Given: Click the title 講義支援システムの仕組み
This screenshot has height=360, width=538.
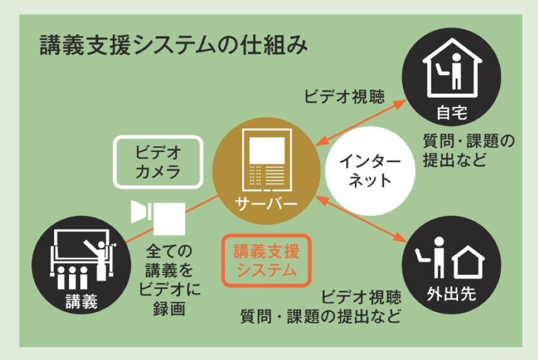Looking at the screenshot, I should (174, 45).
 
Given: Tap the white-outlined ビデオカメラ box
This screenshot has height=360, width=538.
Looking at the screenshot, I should (158, 161).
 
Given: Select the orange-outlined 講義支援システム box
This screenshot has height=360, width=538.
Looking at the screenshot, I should (266, 261).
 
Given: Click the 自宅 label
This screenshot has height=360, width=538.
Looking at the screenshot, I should (452, 114).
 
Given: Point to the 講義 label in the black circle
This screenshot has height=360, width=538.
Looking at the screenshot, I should (82, 302).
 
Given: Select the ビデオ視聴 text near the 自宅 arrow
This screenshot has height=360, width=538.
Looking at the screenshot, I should (345, 96).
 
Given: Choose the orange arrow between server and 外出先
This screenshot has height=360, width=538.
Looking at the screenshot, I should (362, 219).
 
